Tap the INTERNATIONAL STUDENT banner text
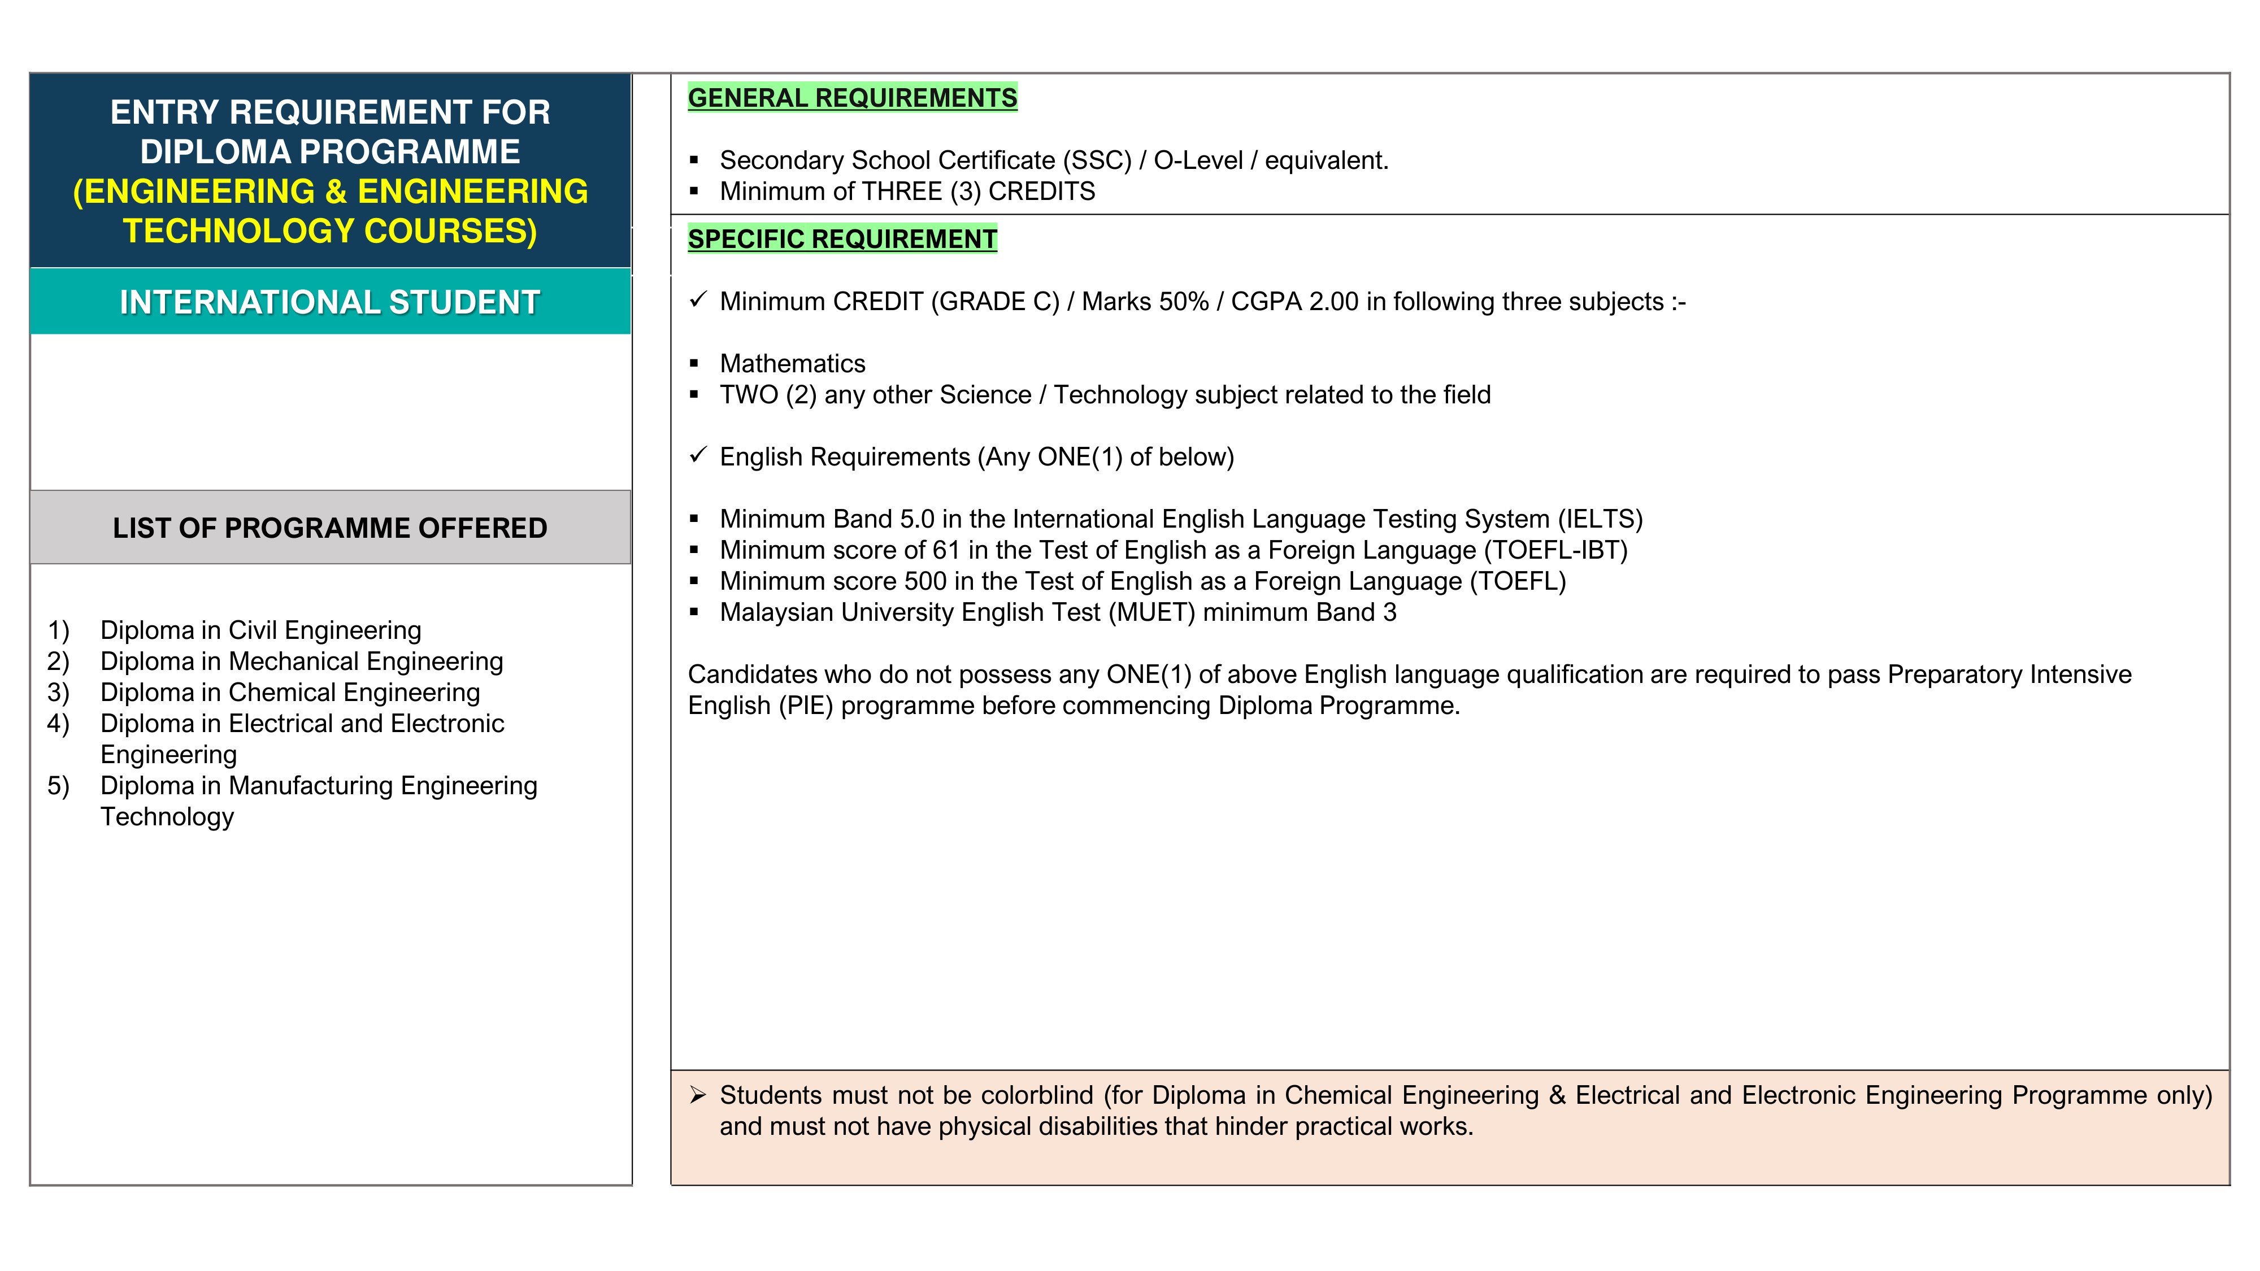click(330, 302)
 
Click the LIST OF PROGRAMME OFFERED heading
click(330, 528)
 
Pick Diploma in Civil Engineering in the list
click(260, 630)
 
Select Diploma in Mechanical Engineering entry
click(301, 661)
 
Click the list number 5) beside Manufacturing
click(58, 786)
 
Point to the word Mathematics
click(792, 363)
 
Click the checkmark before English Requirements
click(697, 455)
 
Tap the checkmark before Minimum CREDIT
click(697, 300)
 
